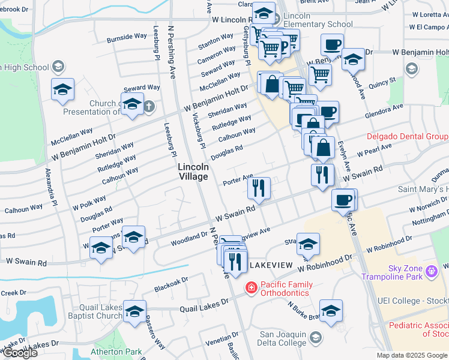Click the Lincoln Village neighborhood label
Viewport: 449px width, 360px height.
point(193,172)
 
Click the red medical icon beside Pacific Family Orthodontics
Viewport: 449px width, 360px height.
point(250,289)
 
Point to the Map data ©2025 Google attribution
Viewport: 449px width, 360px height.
point(412,355)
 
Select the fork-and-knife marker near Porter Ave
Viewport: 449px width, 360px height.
point(259,188)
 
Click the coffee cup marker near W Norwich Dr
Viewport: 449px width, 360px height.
point(343,200)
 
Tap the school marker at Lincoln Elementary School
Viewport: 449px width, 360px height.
point(262,13)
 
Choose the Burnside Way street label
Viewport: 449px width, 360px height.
point(127,37)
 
